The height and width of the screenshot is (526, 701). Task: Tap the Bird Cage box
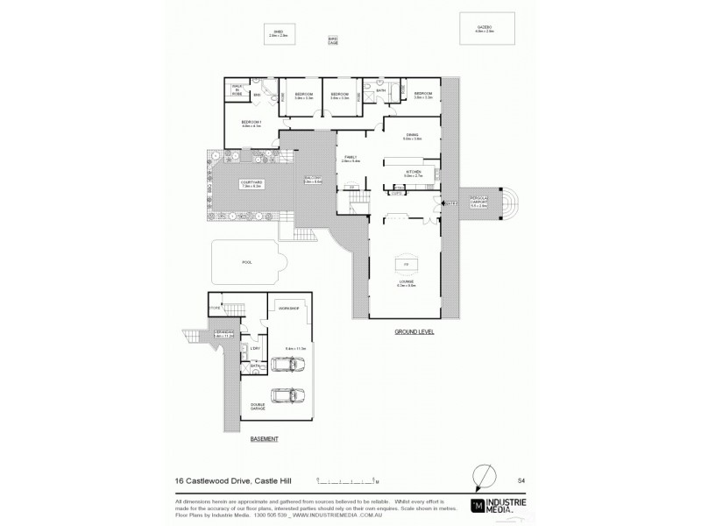click(333, 40)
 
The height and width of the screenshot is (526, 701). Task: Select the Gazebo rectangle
click(485, 30)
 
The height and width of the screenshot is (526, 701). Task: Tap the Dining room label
click(412, 135)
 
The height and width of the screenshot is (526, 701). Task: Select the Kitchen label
click(414, 173)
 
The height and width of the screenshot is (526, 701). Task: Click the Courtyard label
click(251, 183)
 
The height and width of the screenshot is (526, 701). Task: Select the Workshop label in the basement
click(288, 309)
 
